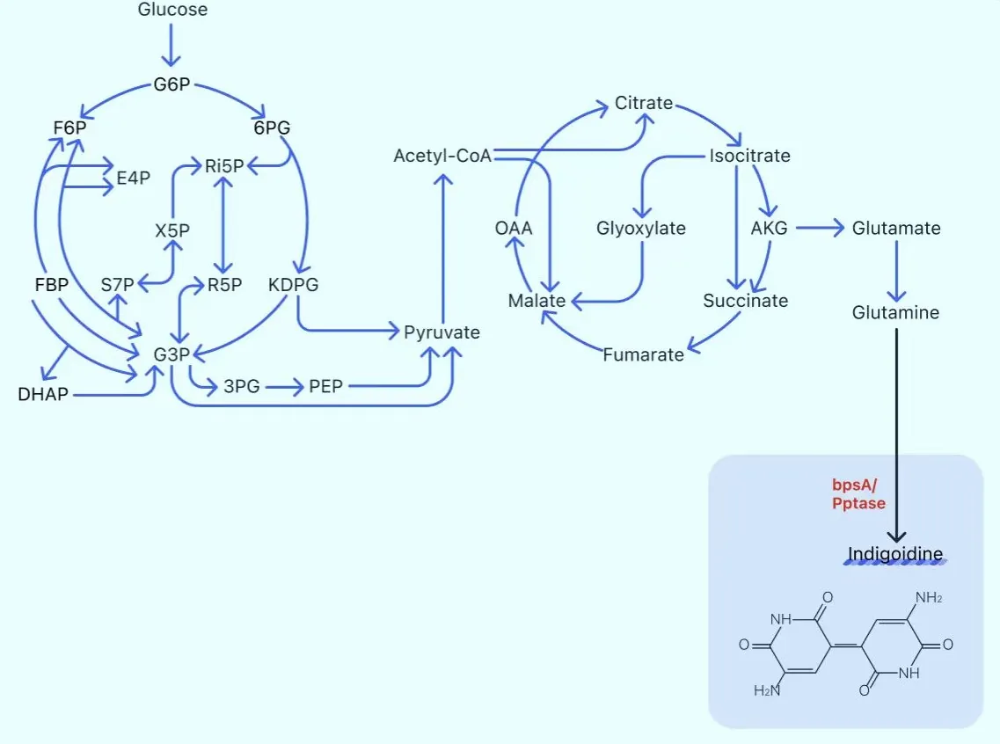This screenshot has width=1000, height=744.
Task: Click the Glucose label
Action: click(x=172, y=10)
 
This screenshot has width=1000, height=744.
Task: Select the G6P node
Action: click(x=172, y=84)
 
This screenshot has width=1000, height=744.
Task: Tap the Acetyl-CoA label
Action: click(x=442, y=156)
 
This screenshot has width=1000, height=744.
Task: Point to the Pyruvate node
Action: click(x=442, y=332)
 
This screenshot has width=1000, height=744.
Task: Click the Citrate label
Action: click(x=644, y=103)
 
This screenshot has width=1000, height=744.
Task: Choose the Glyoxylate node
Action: click(x=641, y=229)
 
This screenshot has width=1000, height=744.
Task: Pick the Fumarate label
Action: click(x=643, y=354)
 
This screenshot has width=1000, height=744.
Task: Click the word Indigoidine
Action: click(x=894, y=553)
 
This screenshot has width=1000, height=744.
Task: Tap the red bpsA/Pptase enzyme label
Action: click(x=858, y=494)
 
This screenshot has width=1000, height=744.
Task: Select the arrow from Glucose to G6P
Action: click(x=171, y=45)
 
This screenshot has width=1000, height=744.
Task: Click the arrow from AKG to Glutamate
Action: click(x=820, y=228)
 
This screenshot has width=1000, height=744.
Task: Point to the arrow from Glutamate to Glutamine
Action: click(x=896, y=271)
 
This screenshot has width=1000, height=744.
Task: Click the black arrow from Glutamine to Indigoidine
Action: click(x=896, y=435)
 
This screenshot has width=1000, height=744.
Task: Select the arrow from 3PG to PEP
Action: click(x=284, y=386)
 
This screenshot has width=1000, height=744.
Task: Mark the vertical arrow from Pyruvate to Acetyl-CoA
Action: click(x=442, y=244)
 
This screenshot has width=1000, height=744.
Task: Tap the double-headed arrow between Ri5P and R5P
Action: click(x=223, y=225)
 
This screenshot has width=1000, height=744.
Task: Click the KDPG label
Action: click(x=293, y=284)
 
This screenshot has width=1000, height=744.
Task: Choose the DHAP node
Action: click(x=43, y=394)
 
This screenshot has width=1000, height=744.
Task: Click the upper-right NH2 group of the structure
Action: click(x=929, y=597)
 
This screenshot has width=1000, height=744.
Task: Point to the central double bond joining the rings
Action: click(x=846, y=646)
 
